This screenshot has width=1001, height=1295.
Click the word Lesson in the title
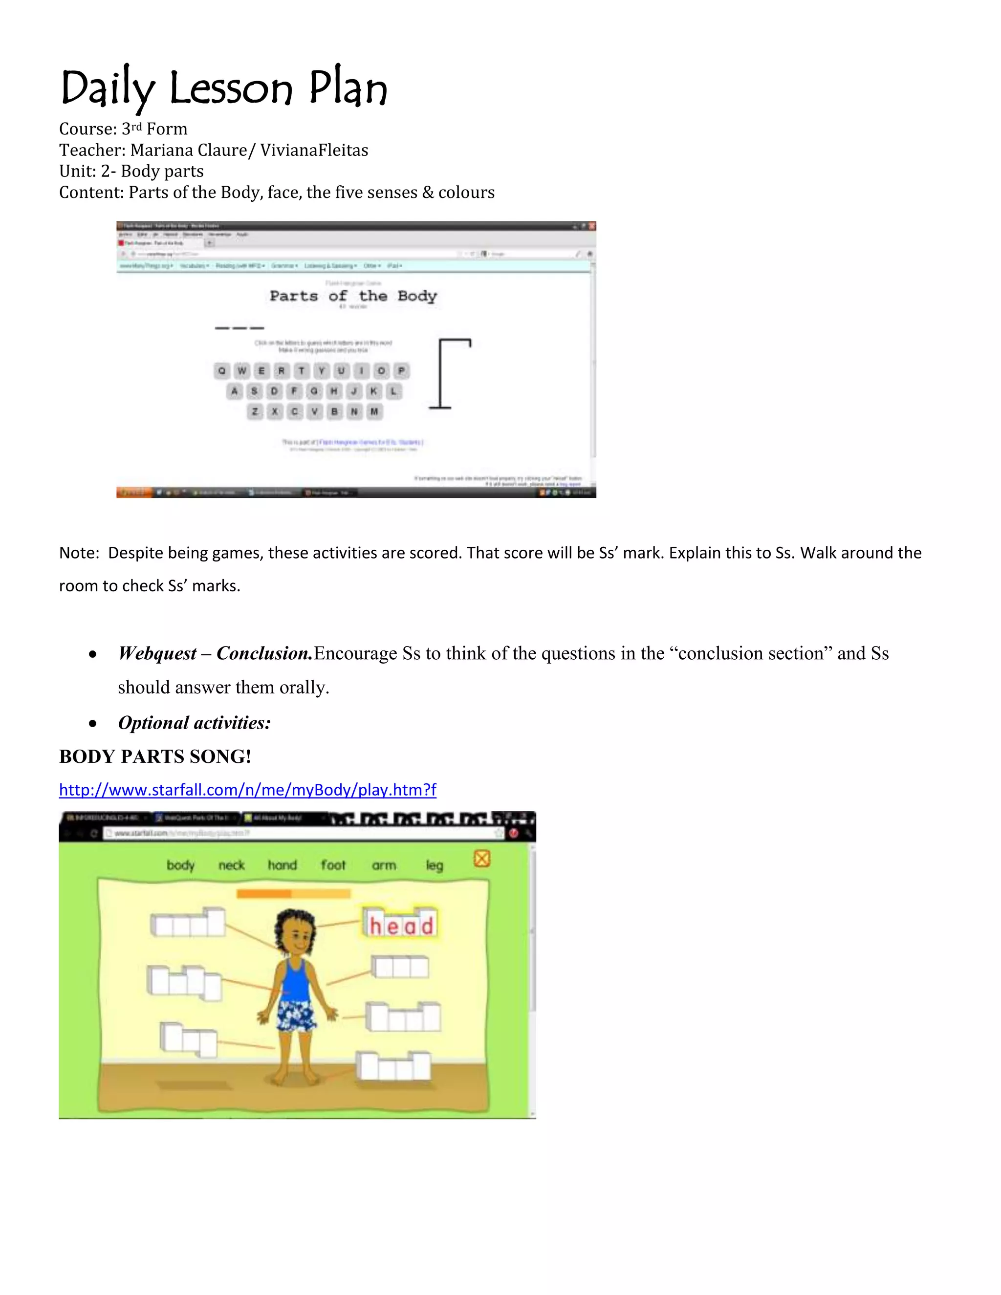point(231,89)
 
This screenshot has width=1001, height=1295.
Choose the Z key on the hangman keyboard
point(255,411)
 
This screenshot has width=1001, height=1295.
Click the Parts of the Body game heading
point(353,296)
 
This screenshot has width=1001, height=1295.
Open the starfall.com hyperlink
point(247,790)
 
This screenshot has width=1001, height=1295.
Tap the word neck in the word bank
point(231,865)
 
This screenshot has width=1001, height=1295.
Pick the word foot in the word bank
point(333,865)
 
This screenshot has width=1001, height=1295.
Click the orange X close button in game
point(482,858)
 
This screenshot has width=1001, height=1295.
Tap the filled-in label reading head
point(401,925)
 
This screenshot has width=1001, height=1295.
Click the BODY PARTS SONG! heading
point(155,756)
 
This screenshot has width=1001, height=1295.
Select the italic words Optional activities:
point(194,723)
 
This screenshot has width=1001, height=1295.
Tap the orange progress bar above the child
point(293,894)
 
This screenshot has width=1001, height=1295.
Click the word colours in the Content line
point(466,192)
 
